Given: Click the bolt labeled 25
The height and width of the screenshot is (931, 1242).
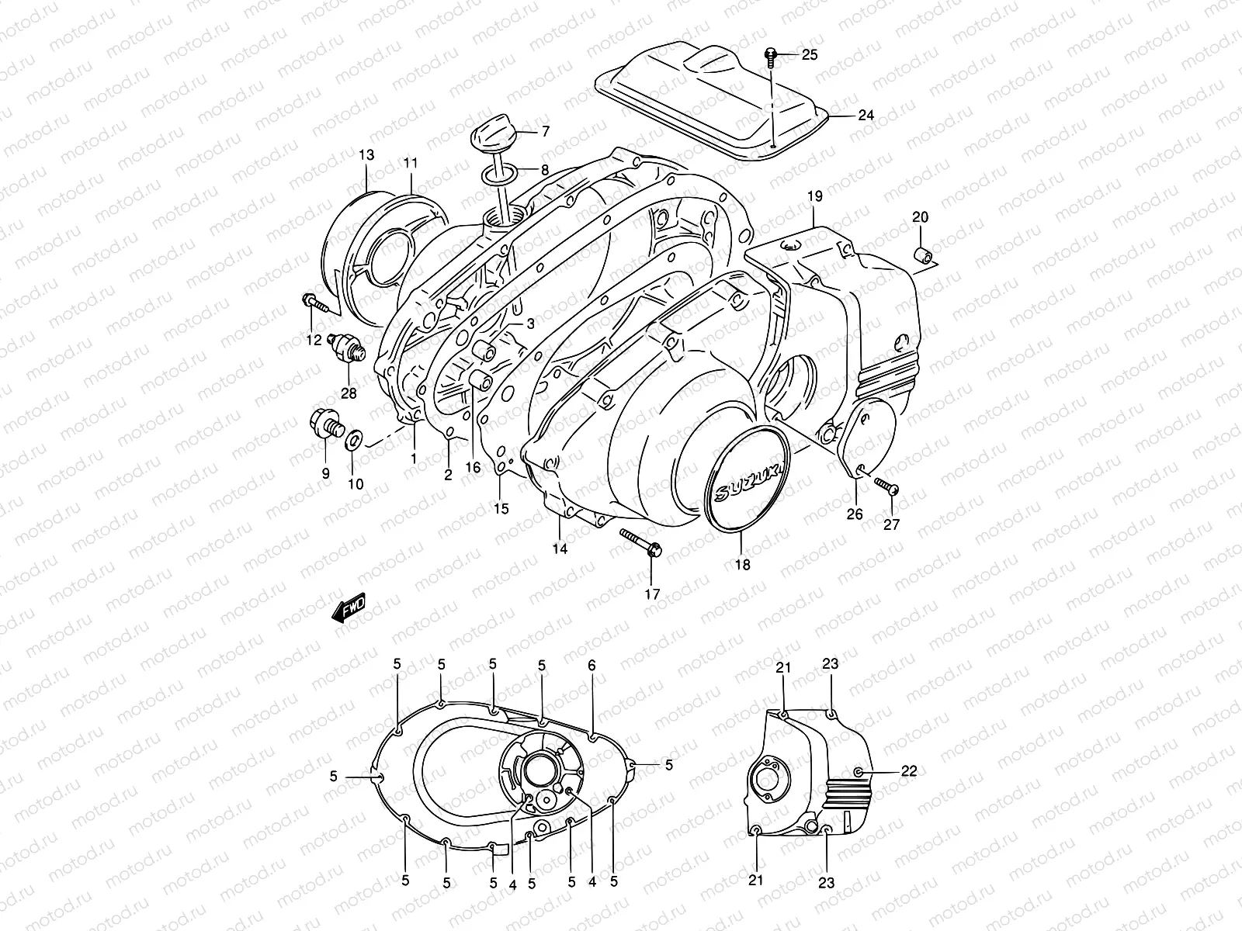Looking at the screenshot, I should click(x=772, y=54).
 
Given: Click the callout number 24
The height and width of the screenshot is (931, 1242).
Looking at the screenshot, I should click(x=866, y=116).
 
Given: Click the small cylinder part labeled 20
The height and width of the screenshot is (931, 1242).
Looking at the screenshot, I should click(x=925, y=256).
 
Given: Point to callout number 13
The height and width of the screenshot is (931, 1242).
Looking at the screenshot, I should click(x=366, y=156).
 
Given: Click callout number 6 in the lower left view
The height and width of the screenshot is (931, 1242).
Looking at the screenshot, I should click(x=592, y=665).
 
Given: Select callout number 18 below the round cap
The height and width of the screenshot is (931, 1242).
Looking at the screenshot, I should click(x=743, y=565).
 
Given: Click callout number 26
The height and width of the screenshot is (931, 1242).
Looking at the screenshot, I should click(x=855, y=514).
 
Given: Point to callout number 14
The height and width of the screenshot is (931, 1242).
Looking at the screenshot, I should click(x=560, y=549).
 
